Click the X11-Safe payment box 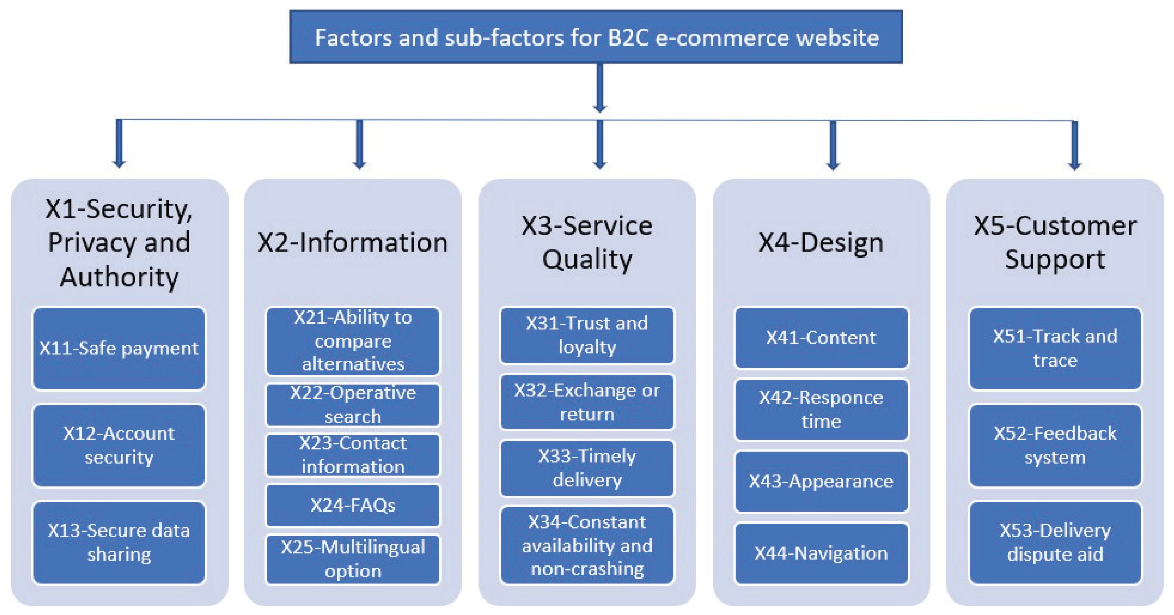[119, 349]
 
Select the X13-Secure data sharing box [119, 542]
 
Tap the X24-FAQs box [353, 505]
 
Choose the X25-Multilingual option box [353, 559]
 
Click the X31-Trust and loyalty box [587, 335]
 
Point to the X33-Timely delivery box [587, 468]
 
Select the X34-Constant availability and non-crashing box [587, 545]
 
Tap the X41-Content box [821, 338]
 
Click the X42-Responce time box [821, 409]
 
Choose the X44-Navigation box [821, 553]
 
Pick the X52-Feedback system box [1055, 445]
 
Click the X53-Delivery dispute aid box [1055, 542]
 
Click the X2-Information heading [353, 242]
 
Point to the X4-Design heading [821, 242]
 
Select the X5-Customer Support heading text [1055, 242]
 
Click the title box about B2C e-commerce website [596, 37]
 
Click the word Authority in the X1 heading [119, 277]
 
